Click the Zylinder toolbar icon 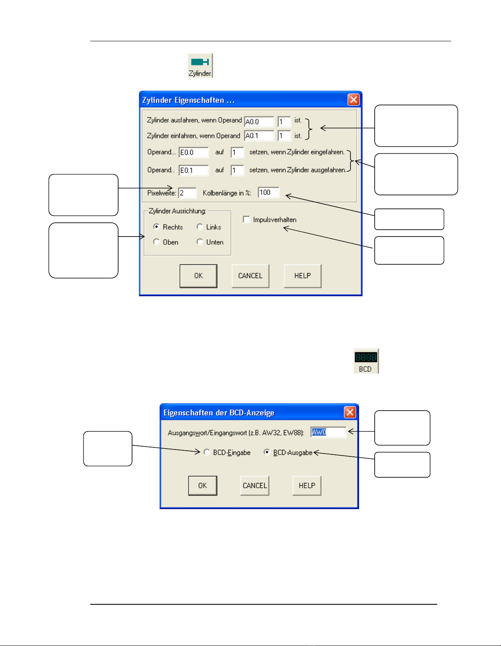(x=200, y=66)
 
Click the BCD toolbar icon (x=366, y=361)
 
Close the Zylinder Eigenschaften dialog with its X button (x=353, y=100)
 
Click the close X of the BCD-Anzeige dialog (x=350, y=412)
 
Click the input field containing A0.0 (x=259, y=122)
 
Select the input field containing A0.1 (x=259, y=136)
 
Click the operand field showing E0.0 (x=194, y=152)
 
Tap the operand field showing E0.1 (x=194, y=170)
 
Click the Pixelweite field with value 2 (x=187, y=193)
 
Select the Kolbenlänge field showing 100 (x=269, y=192)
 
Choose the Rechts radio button (x=156, y=227)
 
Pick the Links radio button (x=200, y=227)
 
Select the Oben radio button (x=156, y=242)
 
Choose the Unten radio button (x=200, y=242)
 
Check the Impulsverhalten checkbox (x=246, y=219)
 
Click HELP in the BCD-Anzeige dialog (x=307, y=485)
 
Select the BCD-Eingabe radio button (x=207, y=452)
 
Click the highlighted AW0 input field (x=328, y=432)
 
